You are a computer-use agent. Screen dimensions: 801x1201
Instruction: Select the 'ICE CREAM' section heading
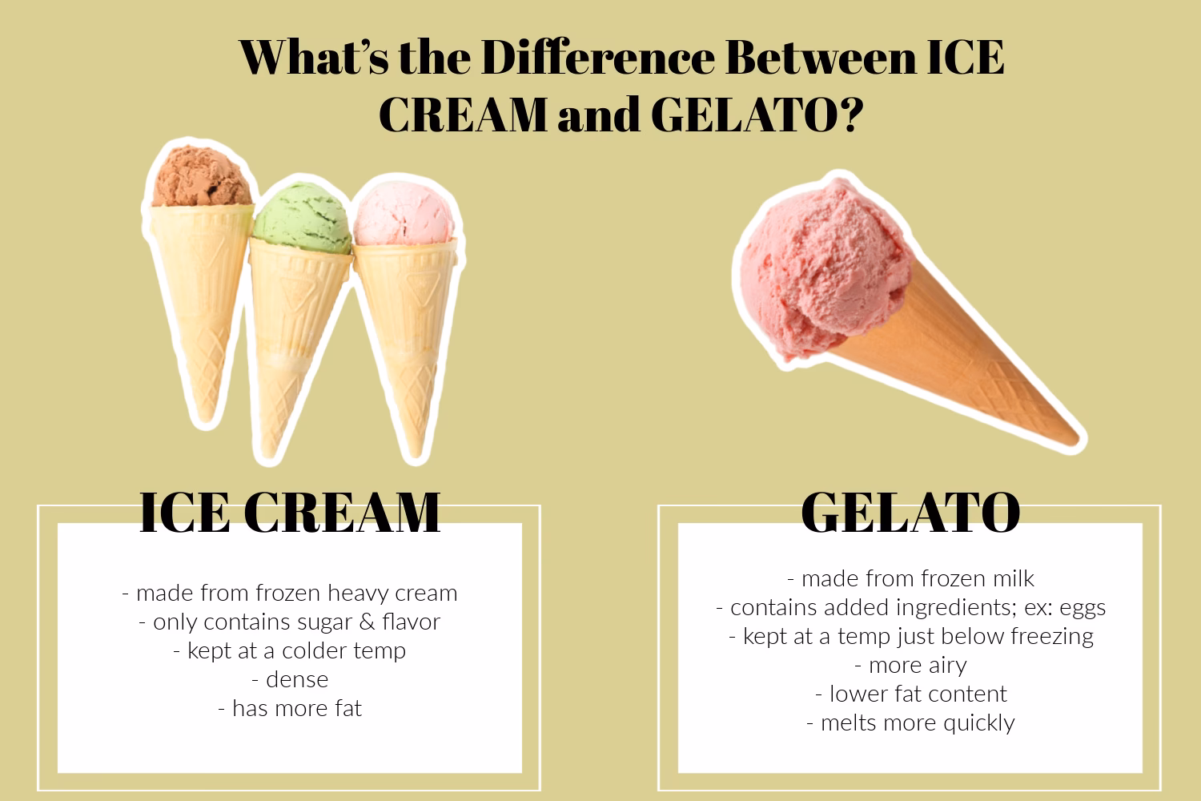tap(290, 512)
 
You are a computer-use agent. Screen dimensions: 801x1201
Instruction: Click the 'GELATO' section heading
tap(910, 512)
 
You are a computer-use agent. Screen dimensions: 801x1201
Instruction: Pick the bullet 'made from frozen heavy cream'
tap(290, 594)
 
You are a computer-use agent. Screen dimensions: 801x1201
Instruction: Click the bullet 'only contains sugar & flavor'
tap(290, 622)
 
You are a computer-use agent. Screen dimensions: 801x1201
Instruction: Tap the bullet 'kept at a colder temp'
tap(290, 651)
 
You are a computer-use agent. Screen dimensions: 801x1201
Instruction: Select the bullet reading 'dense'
tap(290, 680)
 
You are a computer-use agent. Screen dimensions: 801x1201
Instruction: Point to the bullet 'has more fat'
tap(290, 709)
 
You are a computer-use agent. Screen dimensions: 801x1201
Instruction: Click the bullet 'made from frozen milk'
tap(910, 579)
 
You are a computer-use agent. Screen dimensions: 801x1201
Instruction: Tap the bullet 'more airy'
tap(910, 666)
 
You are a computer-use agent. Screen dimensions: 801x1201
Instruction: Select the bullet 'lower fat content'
tap(910, 694)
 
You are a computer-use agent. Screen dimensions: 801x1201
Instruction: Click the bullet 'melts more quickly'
tap(910, 723)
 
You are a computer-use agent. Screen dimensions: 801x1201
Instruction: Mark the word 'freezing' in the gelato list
tap(1052, 637)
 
